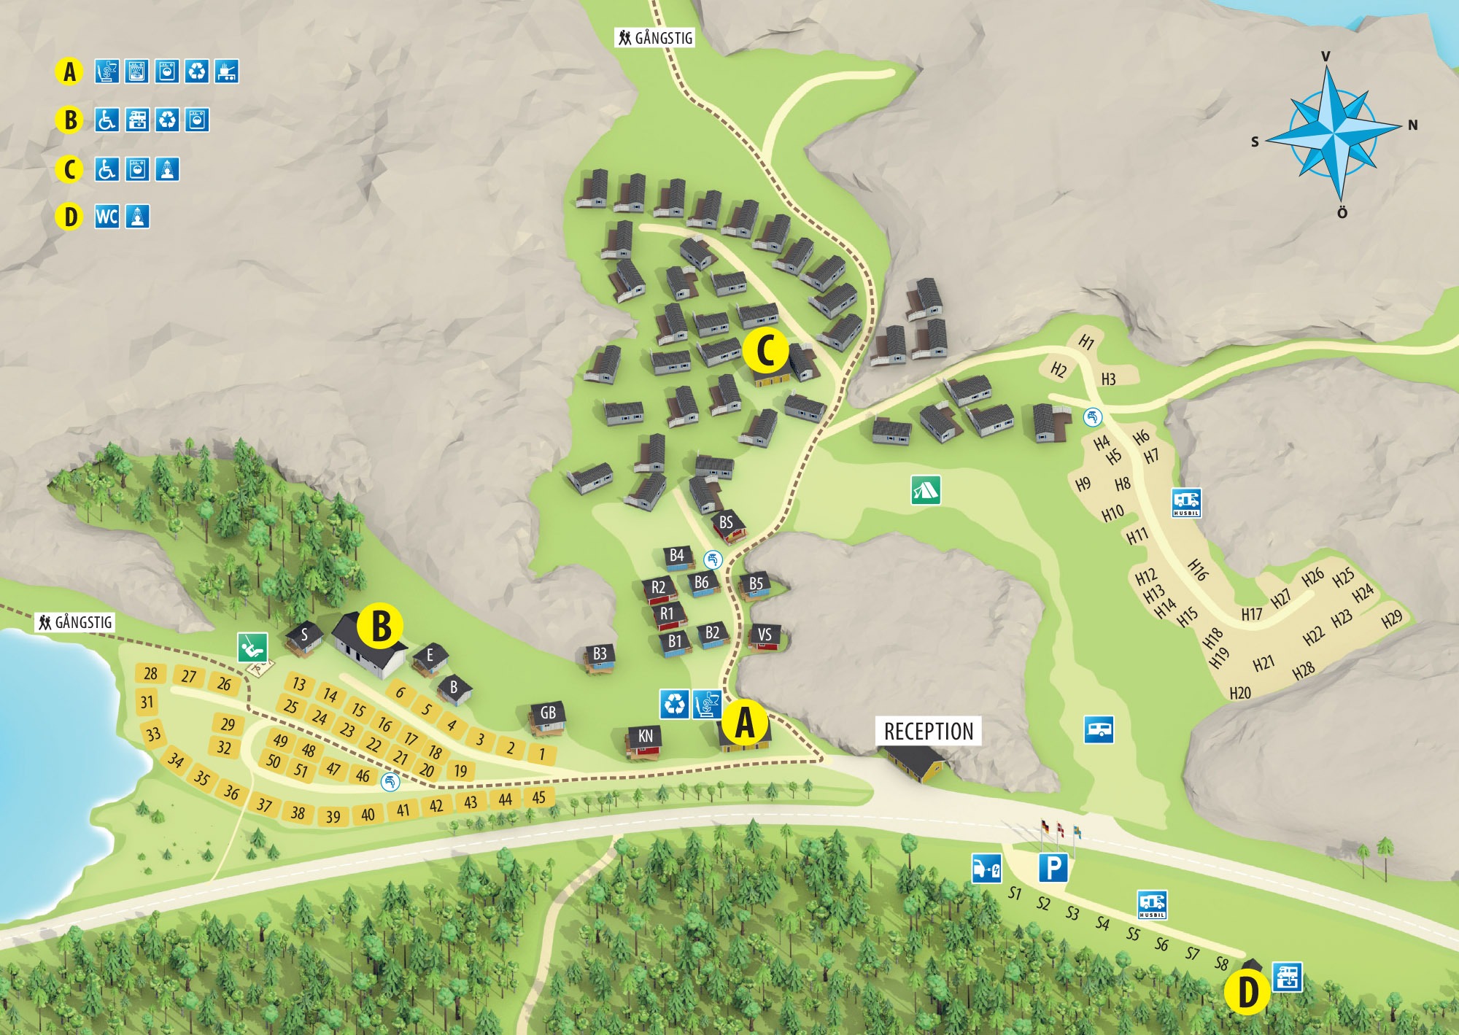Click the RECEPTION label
pyautogui.click(x=928, y=731)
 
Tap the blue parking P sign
pyautogui.click(x=1053, y=868)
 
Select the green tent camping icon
pyautogui.click(x=925, y=489)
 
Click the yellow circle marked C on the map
pyautogui.click(x=765, y=351)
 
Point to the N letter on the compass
pyautogui.click(x=1412, y=125)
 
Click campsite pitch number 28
pyautogui.click(x=151, y=673)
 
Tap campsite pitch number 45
pyautogui.click(x=538, y=797)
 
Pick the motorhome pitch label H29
pyautogui.click(x=1392, y=619)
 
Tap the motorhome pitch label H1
pyautogui.click(x=1086, y=341)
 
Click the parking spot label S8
pyautogui.click(x=1221, y=963)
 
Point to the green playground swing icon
pyautogui.click(x=252, y=647)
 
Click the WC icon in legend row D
pyautogui.click(x=107, y=217)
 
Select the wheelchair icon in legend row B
pyautogui.click(x=107, y=120)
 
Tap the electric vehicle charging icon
pyautogui.click(x=986, y=868)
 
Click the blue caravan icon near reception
pyautogui.click(x=1099, y=729)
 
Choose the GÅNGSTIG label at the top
pyautogui.click(x=654, y=38)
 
